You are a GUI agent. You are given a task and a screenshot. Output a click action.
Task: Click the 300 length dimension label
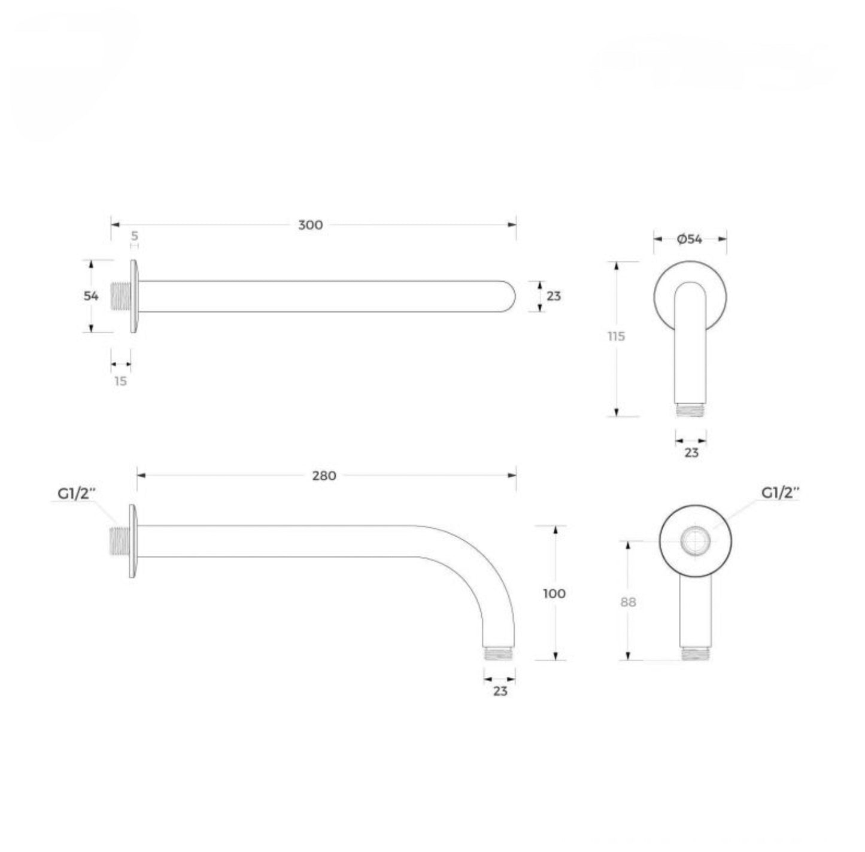(311, 225)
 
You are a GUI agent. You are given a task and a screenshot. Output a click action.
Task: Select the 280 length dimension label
(324, 476)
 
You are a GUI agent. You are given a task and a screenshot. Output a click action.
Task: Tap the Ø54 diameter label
(690, 239)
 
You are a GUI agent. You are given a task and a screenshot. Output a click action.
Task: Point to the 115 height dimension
(617, 336)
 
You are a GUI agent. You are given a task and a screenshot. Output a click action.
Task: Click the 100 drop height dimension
(554, 594)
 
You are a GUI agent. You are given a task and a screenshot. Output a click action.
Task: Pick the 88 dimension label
(628, 602)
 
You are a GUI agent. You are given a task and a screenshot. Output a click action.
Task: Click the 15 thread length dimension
(121, 381)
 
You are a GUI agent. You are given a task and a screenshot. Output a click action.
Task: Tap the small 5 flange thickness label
(135, 236)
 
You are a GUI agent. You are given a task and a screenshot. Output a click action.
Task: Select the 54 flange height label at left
(91, 296)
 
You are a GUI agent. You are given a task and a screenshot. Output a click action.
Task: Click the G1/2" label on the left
(77, 494)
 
